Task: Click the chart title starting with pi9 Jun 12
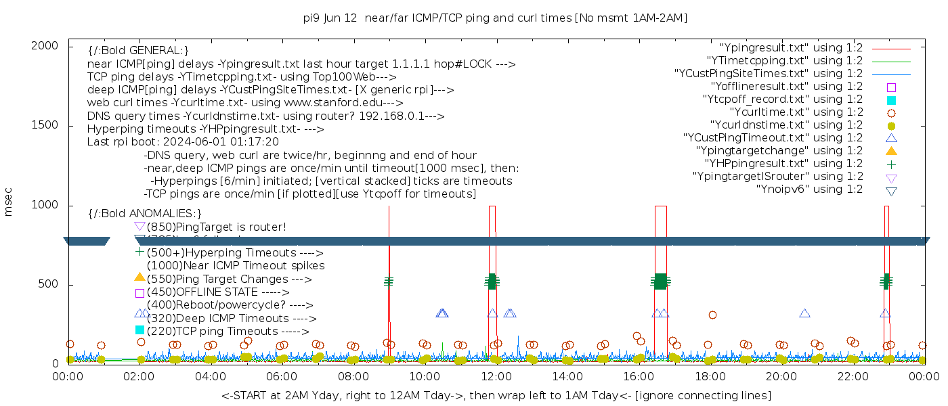496,18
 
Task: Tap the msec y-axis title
9,204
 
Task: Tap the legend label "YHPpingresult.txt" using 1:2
783,164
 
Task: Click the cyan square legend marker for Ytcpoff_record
891,100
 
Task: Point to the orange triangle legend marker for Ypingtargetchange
891,151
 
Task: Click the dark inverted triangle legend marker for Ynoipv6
891,191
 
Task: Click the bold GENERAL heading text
138,51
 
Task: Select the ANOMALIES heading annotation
145,214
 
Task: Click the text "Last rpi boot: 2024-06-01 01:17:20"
183,142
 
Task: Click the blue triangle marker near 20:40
804,313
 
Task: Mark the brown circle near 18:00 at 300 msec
712,315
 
